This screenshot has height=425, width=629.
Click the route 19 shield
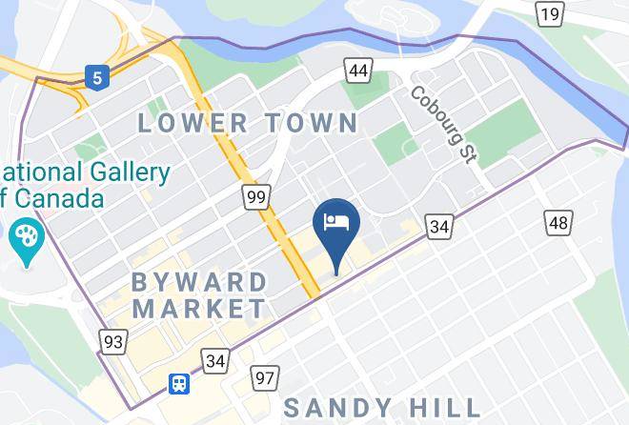point(549,13)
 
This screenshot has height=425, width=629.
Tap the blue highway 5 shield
point(95,76)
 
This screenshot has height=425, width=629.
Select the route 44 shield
point(358,71)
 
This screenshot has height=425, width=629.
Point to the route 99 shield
point(255,197)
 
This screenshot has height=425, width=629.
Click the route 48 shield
point(558,223)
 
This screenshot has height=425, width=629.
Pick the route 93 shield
point(113,341)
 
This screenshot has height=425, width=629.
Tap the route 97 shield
point(265,378)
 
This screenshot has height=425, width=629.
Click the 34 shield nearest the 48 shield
point(439,226)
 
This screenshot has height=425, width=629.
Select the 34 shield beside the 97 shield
point(215,361)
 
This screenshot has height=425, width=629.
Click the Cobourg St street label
point(442,124)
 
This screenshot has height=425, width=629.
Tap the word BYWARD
point(200,282)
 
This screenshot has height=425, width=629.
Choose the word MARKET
point(199,308)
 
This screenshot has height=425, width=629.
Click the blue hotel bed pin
point(335,225)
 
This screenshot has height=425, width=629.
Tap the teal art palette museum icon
point(26,236)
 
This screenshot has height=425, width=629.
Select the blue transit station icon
point(178,384)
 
